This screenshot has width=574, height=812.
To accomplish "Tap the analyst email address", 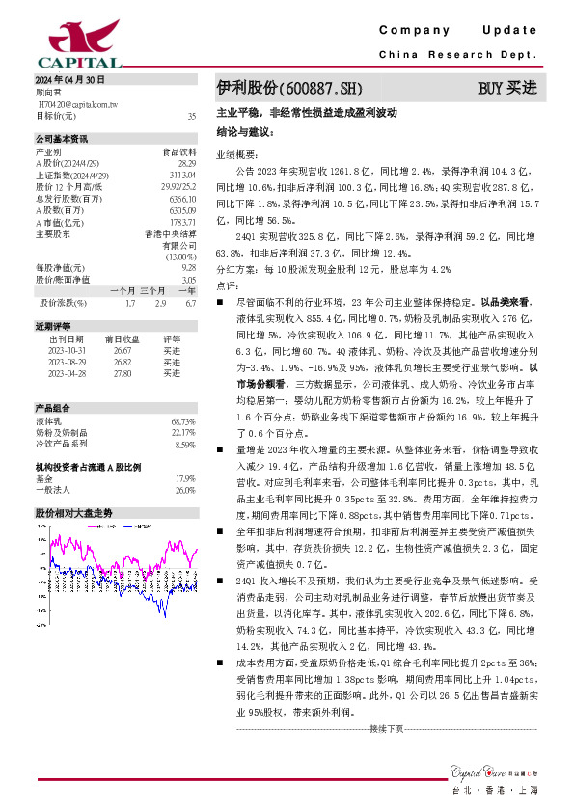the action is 77,102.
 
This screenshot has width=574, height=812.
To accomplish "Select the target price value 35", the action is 191,116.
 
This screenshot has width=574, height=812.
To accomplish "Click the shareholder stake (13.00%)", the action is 179,257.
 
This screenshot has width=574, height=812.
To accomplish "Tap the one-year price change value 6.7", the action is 189,303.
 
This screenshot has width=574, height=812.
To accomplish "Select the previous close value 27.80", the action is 123,372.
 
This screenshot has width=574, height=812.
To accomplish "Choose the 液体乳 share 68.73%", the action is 182,422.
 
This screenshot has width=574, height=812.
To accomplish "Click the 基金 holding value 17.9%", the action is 185,478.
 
